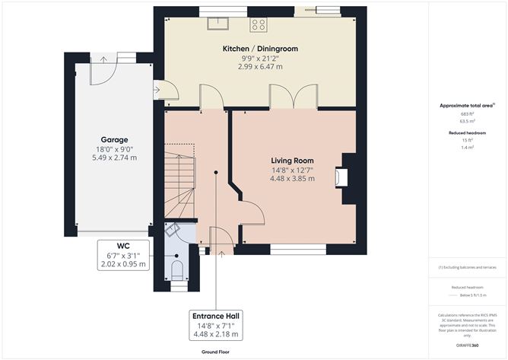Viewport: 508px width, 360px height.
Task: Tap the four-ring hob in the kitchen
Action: [259, 24]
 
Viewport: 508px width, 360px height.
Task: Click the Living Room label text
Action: [293, 161]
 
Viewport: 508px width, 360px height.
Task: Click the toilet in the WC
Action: [176, 269]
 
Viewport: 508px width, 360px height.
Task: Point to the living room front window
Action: [298, 248]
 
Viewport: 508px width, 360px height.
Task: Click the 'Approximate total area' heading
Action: [466, 105]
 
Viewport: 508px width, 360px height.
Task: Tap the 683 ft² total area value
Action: [466, 113]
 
